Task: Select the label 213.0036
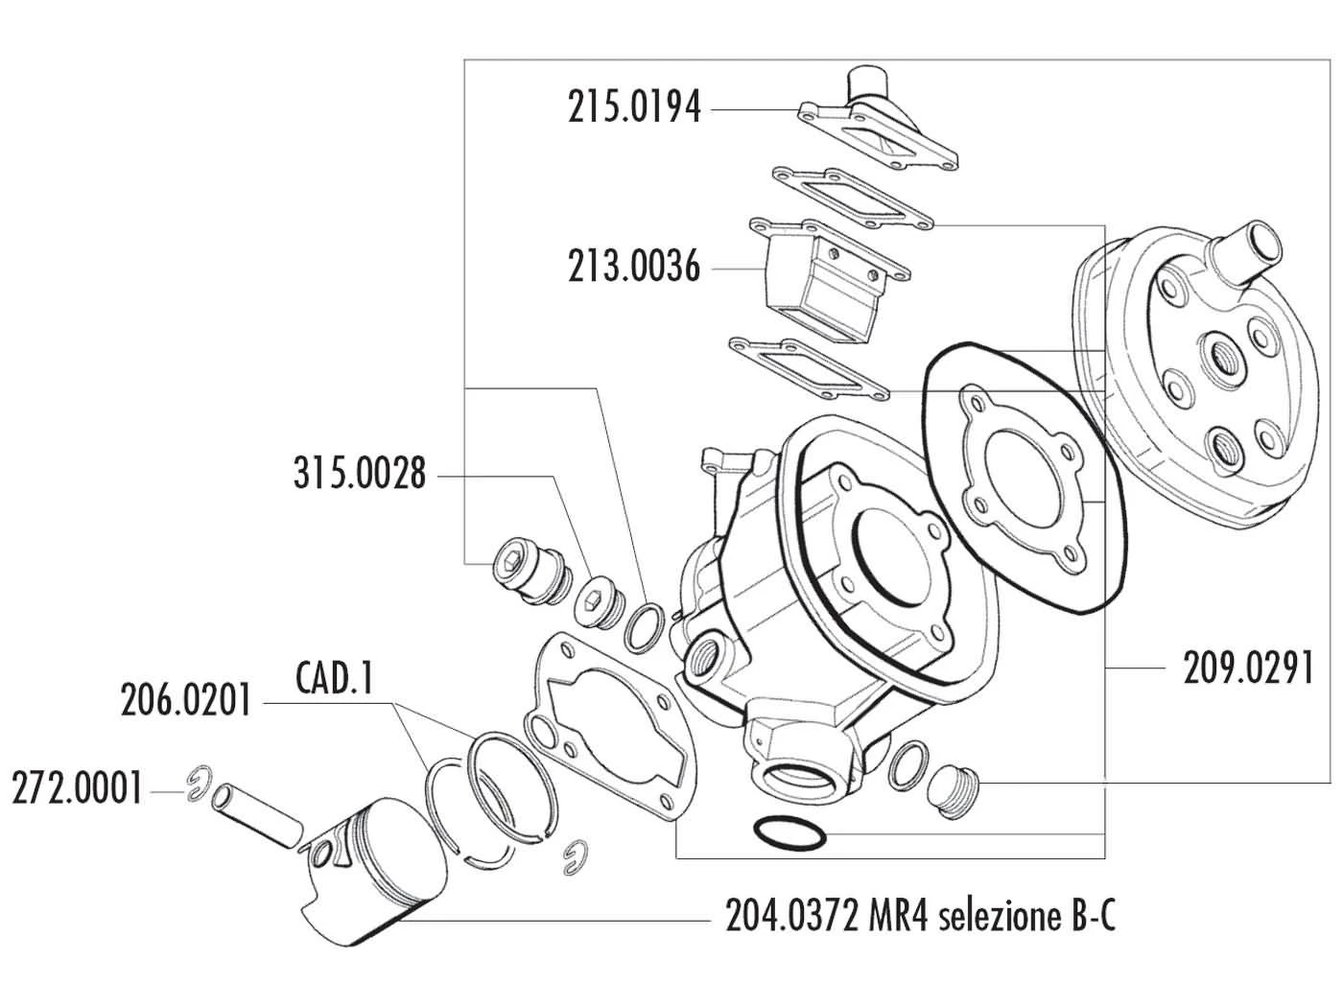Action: coord(633,266)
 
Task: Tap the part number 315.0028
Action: coord(360,473)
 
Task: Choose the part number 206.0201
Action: coord(185,700)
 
